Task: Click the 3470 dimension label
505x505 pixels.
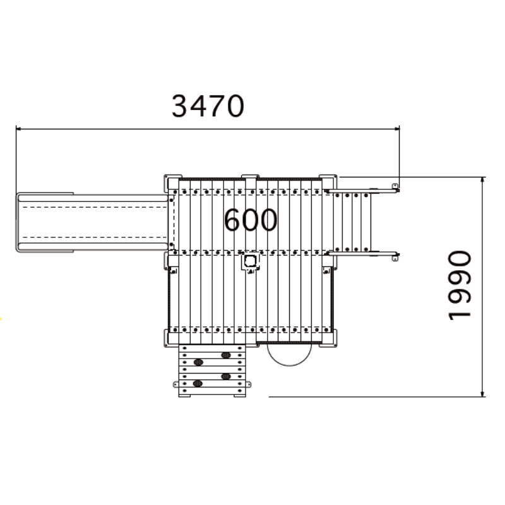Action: (x=208, y=106)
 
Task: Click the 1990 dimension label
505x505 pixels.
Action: (x=460, y=285)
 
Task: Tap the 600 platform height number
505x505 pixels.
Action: (x=251, y=220)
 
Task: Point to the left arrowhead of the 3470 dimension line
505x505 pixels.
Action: (x=18, y=129)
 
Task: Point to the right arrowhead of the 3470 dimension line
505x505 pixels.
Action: (x=397, y=129)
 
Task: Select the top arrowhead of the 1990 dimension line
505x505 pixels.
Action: (x=482, y=180)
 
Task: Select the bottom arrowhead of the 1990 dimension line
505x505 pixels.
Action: (x=482, y=394)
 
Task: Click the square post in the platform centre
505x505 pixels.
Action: (x=250, y=261)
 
